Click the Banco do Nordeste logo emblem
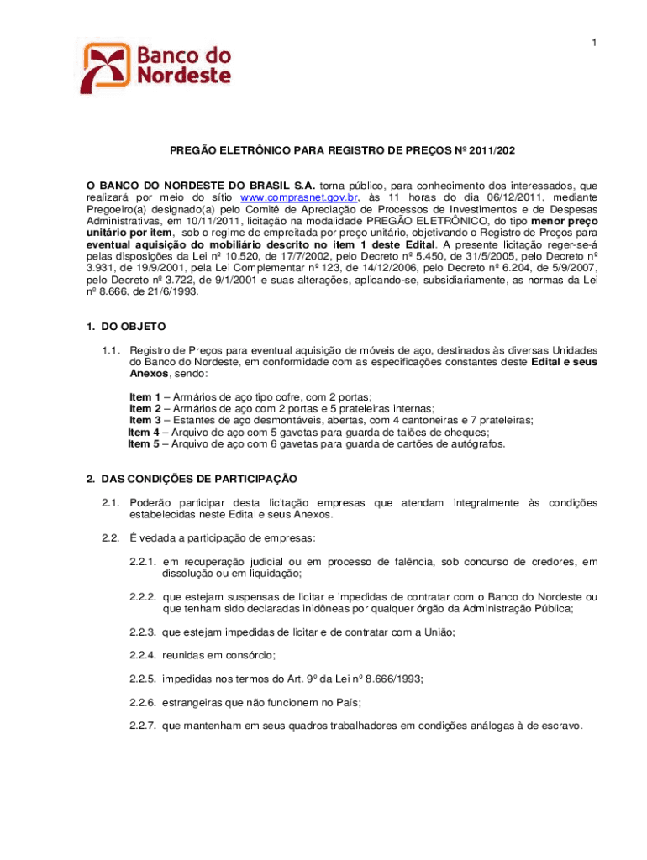point(106,67)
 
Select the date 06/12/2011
point(492,197)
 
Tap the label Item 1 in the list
point(145,396)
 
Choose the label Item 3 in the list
point(145,420)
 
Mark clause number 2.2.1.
point(144,561)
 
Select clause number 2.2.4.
point(144,654)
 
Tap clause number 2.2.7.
point(144,726)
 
